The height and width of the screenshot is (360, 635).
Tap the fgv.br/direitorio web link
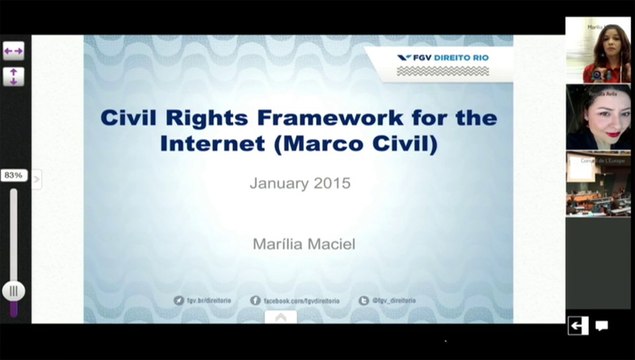coord(208,299)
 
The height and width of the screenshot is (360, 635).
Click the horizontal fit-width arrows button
coord(14,50)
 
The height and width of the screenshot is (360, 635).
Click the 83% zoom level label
coord(14,175)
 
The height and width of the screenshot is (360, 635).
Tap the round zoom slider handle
coord(14,291)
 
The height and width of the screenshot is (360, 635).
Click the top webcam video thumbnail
coord(597,50)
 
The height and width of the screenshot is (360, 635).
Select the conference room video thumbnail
coord(597,182)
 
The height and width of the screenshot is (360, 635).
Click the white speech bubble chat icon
coord(602,325)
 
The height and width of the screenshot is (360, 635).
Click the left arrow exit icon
coord(578,325)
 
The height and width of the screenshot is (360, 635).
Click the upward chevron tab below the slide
coord(281,317)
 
